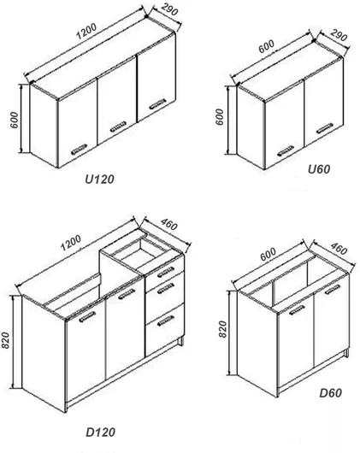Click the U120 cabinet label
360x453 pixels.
pos(100,179)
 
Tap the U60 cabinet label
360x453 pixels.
pos(319,169)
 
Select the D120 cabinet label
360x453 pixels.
pos(100,432)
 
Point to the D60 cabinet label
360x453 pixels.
pos(331,393)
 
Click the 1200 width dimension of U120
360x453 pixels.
pos(86,32)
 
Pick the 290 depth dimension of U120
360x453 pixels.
pos(168,9)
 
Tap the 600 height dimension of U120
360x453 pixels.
pos(15,120)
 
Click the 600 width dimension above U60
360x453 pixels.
pos(267,46)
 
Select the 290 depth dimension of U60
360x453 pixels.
pos(338,35)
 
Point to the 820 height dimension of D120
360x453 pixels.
pos(5,340)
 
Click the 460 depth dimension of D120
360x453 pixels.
pos(168,225)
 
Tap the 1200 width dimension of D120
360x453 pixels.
pos(71,243)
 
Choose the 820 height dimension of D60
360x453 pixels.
pos(223,329)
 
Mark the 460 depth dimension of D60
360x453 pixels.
pos(339,249)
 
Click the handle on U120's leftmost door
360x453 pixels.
pos(79,149)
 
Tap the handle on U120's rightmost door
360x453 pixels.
pos(157,103)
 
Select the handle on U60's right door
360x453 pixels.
pos(324,128)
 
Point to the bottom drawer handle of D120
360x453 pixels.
pos(166,321)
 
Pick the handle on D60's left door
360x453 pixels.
pos(297,309)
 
